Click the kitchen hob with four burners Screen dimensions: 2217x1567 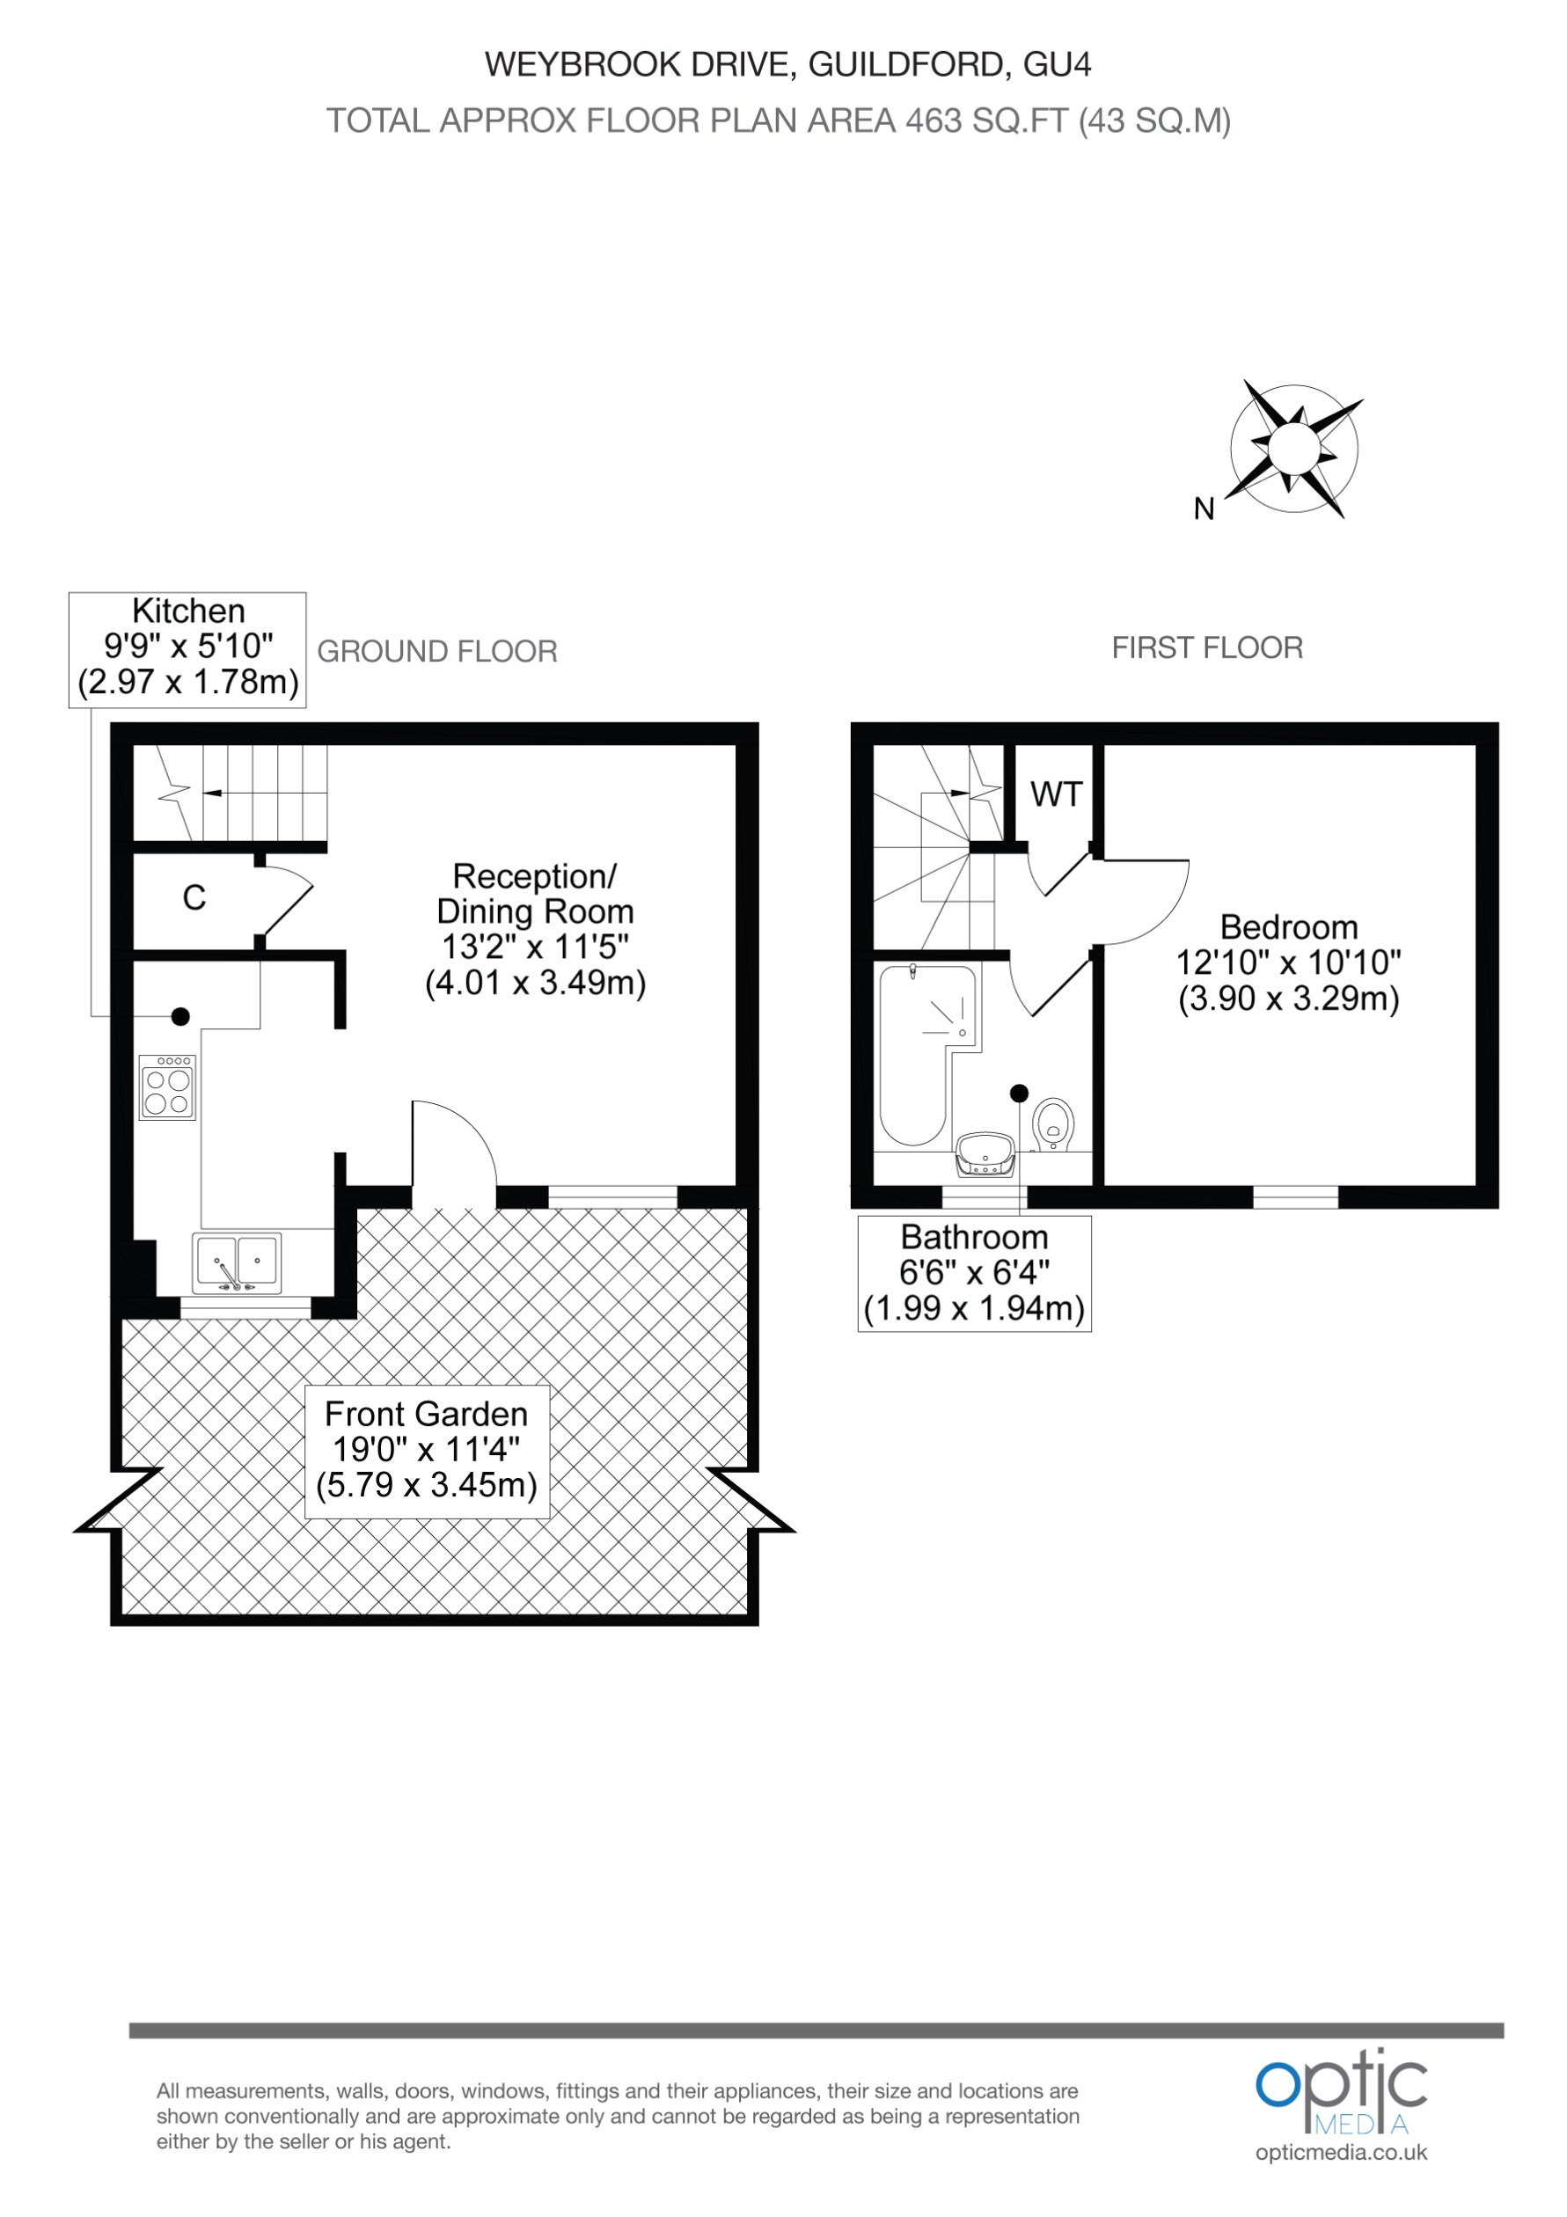click(x=168, y=1087)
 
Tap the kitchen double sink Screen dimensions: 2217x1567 click(x=238, y=1263)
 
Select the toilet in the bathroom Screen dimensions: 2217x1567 click(x=1053, y=1125)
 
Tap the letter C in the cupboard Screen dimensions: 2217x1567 click(x=194, y=898)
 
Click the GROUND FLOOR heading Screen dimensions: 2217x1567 click(x=436, y=652)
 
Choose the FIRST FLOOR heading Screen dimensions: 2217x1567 click(x=1207, y=648)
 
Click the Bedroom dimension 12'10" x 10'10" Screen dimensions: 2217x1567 click(x=1288, y=962)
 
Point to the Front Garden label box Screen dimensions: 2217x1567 click(x=427, y=1452)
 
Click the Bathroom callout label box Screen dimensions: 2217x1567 click(x=974, y=1273)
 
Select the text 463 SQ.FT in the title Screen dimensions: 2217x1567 click(x=986, y=121)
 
